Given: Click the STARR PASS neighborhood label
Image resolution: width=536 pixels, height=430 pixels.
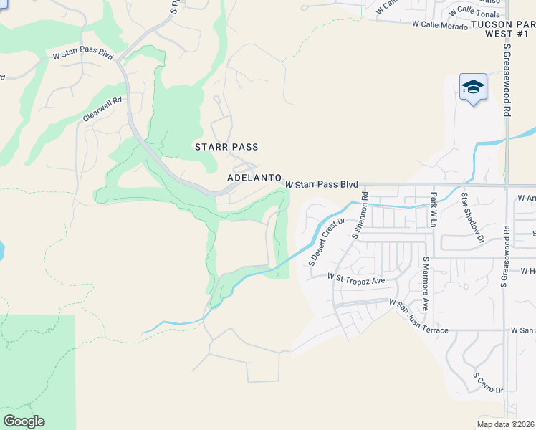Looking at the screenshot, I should click(226, 147).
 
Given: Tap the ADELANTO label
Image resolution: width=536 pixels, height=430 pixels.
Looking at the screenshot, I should click(254, 177).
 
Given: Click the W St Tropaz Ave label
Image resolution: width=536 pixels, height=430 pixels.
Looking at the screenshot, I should click(356, 277).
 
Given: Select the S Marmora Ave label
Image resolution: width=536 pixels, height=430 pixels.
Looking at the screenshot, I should click(425, 284).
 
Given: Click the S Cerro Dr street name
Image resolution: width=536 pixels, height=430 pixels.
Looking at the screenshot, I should click(488, 383).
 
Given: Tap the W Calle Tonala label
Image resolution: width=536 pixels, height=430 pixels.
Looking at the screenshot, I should click(476, 11).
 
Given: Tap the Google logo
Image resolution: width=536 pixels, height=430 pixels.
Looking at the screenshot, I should click(24, 421).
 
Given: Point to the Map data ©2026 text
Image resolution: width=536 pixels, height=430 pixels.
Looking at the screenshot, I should click(506, 424).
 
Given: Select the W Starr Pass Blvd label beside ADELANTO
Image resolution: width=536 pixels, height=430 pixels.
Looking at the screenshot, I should click(321, 185).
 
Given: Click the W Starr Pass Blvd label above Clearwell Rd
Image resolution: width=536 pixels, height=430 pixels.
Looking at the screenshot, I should click(83, 55).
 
